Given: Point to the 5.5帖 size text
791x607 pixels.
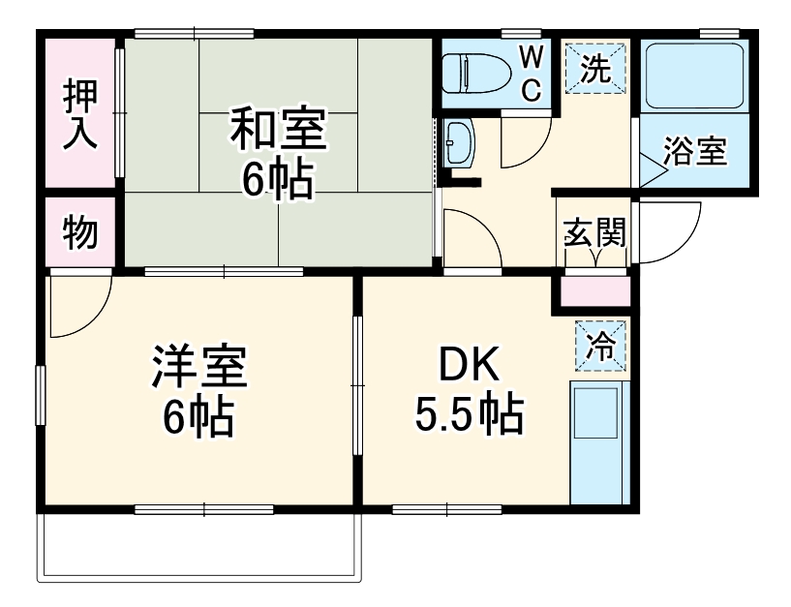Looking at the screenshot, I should point(470,415).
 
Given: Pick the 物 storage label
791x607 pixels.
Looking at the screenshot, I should point(80,232).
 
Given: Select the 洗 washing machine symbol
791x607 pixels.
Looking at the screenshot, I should point(595,69).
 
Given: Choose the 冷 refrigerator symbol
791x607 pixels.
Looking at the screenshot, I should point(600,345).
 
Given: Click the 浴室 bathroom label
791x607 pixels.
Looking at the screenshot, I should point(694,152).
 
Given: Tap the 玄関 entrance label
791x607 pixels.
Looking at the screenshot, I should point(594,233).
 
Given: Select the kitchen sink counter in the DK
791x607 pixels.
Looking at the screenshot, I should point(598,441).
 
